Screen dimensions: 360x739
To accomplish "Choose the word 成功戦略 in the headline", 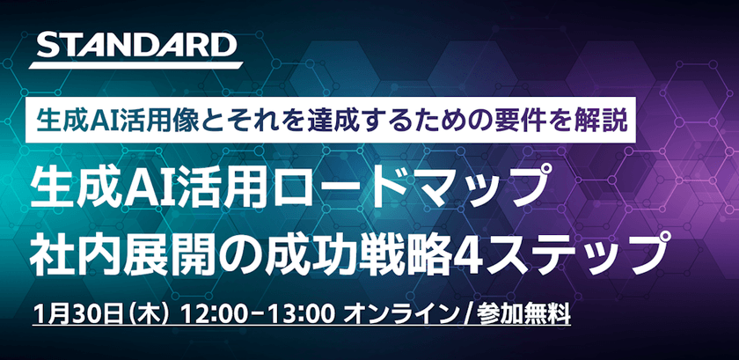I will point(334,253).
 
